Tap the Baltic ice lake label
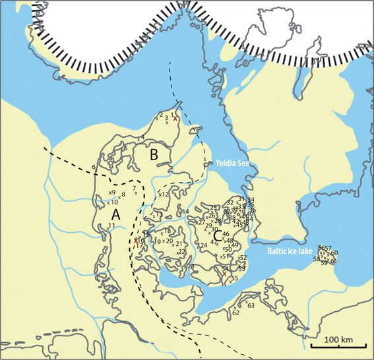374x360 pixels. [288, 251]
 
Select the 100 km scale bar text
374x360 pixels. [339, 339]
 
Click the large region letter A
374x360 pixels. [116, 216]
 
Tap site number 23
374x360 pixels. [191, 266]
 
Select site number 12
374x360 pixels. [166, 195]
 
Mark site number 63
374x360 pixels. [251, 305]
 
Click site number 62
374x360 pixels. [235, 313]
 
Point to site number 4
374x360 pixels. [142, 137]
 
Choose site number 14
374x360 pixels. [186, 212]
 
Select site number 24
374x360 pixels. [204, 245]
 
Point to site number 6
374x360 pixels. [94, 169]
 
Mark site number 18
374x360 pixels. [168, 230]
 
